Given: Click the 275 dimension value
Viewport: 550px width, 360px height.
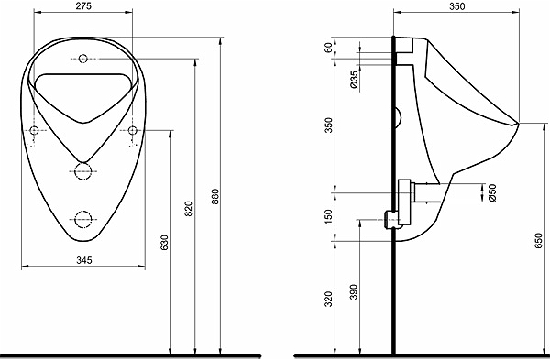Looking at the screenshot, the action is pos(83,6).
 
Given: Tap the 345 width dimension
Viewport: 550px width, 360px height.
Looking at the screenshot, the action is pos(84,260).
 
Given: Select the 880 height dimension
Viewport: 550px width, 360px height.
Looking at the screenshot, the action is pos(215,196).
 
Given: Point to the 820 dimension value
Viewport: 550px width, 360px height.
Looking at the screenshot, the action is pos(189,209).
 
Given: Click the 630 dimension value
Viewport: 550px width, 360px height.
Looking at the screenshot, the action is pos(164,243).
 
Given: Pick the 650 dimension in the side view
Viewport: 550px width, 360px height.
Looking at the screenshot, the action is pos(538,241).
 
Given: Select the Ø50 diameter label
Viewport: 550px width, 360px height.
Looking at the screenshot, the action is pos(492,192).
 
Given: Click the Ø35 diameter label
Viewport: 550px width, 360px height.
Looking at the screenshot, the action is pos(354,79).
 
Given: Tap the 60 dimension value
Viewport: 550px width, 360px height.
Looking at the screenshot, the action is pos(328,48).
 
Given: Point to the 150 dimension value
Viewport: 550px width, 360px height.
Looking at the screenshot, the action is pos(328,216).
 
